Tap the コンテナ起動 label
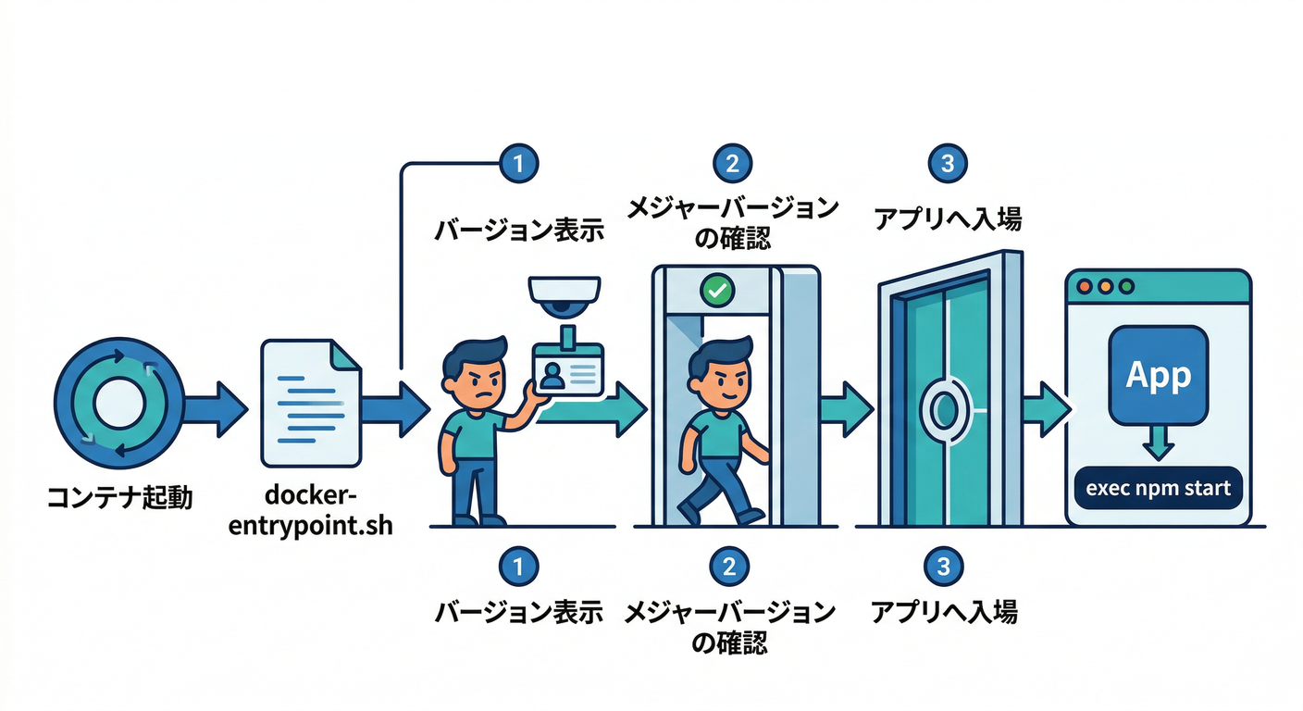119,499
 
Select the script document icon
312,402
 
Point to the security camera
565,295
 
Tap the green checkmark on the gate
716,290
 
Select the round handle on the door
944,407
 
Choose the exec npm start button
1158,488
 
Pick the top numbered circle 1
518,164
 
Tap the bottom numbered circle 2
730,566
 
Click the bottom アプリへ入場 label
945,612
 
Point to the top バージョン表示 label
519,230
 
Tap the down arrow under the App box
1158,444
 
